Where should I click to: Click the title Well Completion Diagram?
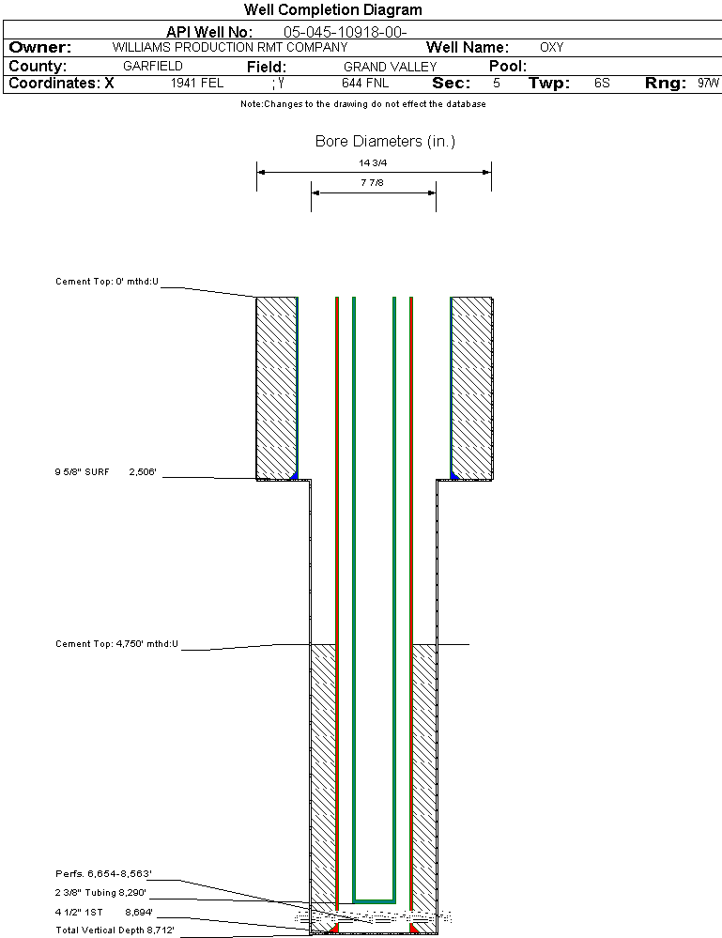coord(332,10)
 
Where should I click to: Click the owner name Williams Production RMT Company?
coord(229,47)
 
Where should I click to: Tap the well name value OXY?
coord(551,47)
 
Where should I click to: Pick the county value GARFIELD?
coord(153,67)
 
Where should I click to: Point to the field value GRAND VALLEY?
coord(390,67)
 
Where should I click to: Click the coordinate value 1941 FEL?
coord(197,84)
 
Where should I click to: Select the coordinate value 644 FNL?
coord(365,84)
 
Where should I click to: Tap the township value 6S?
coord(602,84)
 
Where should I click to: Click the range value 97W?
coord(708,84)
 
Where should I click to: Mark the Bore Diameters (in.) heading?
coord(385,142)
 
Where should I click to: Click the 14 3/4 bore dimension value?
coord(374,162)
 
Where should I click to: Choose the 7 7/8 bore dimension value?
coord(374,183)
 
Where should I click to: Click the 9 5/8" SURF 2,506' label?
coord(105,472)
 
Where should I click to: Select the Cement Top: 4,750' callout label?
coord(116,644)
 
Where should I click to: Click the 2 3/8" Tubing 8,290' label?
coord(101,893)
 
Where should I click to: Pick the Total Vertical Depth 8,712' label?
coord(115,930)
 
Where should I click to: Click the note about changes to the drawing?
coord(362,104)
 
